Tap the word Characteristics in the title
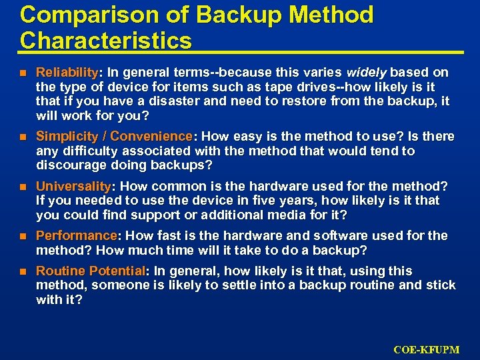click(x=105, y=41)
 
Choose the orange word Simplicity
click(x=63, y=137)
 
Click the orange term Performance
click(x=76, y=236)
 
